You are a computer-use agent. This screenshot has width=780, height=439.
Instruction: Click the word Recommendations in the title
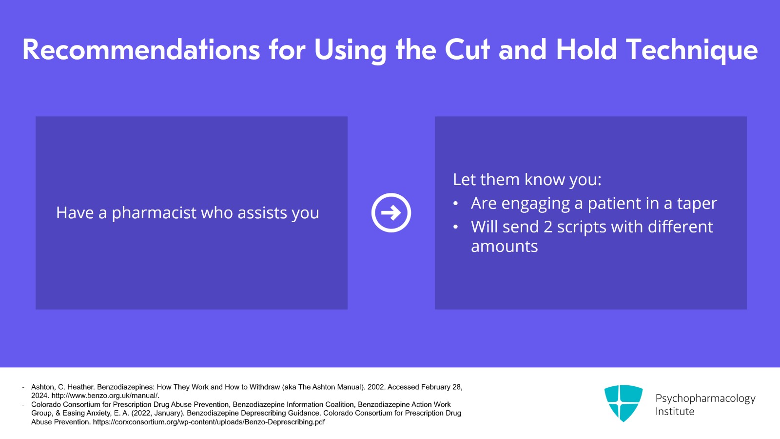pyautogui.click(x=141, y=49)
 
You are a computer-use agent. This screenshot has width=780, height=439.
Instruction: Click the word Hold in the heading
pyautogui.click(x=586, y=49)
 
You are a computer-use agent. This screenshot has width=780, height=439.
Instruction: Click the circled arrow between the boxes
pyautogui.click(x=391, y=213)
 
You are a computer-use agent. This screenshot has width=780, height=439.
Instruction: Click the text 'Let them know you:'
pyautogui.click(x=527, y=180)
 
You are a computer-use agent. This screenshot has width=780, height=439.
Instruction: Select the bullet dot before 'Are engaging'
pyautogui.click(x=455, y=203)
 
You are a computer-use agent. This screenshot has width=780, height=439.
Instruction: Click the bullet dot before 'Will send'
pyautogui.click(x=455, y=227)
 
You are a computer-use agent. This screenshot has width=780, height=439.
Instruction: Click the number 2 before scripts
pyautogui.click(x=548, y=227)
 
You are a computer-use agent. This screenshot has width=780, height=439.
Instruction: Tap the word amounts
pyautogui.click(x=504, y=247)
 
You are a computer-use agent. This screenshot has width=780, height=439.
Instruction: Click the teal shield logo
pyautogui.click(x=624, y=403)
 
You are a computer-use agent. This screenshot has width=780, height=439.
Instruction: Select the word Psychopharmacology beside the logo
pyautogui.click(x=705, y=398)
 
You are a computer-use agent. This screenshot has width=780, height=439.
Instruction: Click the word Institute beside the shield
pyautogui.click(x=675, y=412)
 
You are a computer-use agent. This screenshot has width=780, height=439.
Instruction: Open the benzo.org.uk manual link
pyautogui.click(x=105, y=396)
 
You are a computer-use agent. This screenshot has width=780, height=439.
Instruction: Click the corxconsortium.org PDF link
pyautogui.click(x=209, y=422)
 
